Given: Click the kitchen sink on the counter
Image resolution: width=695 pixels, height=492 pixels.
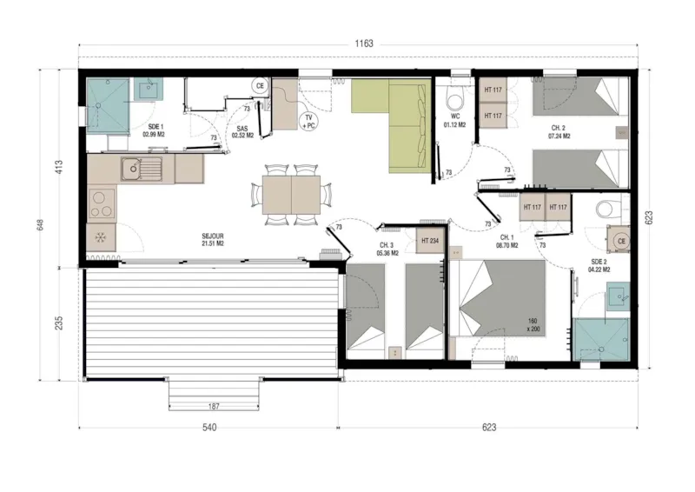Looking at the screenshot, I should point(138,168).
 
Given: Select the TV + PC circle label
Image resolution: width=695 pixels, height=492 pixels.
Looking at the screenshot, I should point(308,121).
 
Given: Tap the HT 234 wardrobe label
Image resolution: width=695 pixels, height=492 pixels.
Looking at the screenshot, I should point(429,241).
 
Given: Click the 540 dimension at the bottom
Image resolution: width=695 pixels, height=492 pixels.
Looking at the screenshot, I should point(208,428).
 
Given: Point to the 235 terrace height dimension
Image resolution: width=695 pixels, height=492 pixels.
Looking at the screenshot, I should point(59,322).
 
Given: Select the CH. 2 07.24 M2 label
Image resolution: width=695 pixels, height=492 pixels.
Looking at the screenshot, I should point(559,132).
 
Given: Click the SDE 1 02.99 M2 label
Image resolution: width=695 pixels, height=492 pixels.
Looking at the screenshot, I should point(155,130).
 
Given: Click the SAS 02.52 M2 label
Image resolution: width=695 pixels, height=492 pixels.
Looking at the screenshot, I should point(243,131).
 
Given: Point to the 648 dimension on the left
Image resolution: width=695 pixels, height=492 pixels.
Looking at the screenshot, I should point(40,224).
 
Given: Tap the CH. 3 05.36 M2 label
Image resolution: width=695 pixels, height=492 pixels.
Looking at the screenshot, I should point(387,249).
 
